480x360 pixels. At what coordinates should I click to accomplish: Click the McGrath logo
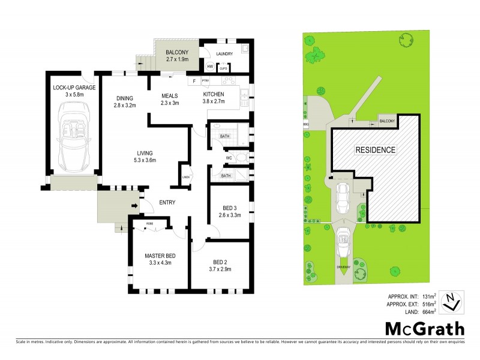tap(424, 329)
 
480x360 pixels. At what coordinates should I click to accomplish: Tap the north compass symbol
tap(451, 302)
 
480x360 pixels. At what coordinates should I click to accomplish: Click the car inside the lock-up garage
tap(73, 138)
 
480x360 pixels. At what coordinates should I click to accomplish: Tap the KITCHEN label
tap(213, 94)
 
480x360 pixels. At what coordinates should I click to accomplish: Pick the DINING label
tap(125, 98)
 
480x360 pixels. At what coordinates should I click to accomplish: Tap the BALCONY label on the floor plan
tap(177, 53)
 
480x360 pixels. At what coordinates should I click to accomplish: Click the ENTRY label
tap(167, 202)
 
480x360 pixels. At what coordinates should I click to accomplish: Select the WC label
tap(229, 158)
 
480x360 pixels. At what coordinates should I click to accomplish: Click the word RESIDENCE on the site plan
tap(376, 150)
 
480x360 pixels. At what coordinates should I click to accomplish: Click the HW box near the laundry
tap(211, 67)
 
